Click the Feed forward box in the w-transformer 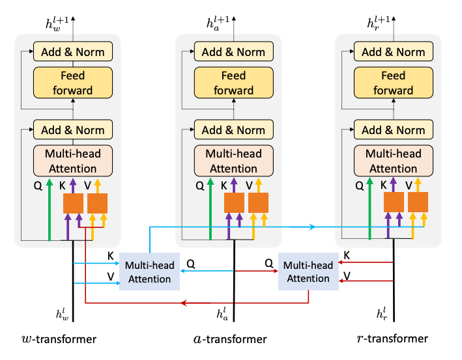point(72,83)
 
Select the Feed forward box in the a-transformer point(233,83)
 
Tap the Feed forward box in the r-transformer point(393,83)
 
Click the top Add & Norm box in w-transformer point(72,52)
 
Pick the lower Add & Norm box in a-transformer point(233,130)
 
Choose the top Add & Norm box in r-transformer point(393,52)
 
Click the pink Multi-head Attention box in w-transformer point(72,161)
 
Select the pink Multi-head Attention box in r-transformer point(393,161)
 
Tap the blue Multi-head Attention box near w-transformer point(149,271)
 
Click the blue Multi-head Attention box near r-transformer point(308,271)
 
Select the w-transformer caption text point(59,339)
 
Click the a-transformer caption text point(231,339)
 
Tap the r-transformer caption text point(392,339)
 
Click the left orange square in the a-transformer point(234,202)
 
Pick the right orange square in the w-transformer point(97,203)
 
